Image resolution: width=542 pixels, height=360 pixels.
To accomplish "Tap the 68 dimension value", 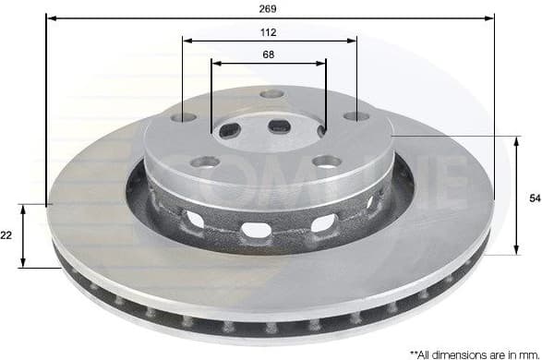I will [x=268, y=55].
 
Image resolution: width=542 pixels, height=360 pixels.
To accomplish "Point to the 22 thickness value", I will [x=7, y=235].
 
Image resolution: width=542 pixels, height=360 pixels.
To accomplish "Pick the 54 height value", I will [x=533, y=197].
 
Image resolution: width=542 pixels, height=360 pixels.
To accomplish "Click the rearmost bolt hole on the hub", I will [x=271, y=94].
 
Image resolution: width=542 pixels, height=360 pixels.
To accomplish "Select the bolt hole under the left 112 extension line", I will [x=184, y=117].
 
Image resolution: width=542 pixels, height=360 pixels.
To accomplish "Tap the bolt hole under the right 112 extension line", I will [x=355, y=116].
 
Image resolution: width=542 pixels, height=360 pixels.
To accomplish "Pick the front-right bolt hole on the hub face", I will [x=326, y=162].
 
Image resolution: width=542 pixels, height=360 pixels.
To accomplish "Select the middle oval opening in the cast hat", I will [x=256, y=229].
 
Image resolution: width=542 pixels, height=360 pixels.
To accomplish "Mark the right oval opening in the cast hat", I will [x=323, y=222].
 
